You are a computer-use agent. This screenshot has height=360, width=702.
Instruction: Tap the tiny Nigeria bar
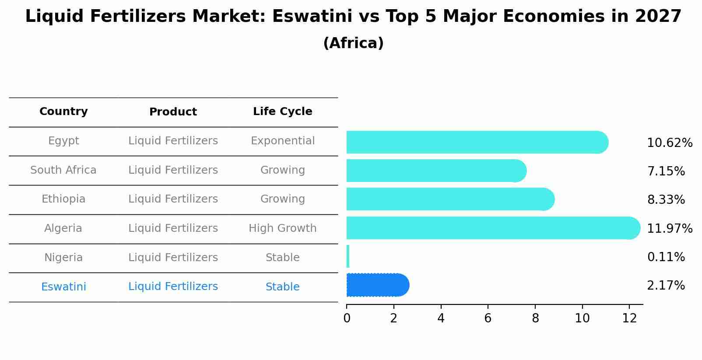(x=348, y=256)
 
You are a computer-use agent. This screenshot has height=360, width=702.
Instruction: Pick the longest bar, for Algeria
(x=492, y=228)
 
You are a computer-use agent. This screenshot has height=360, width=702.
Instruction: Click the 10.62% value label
(x=669, y=143)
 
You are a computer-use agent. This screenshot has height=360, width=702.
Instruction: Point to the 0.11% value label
(x=666, y=257)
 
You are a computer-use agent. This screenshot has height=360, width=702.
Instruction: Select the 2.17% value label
(x=666, y=286)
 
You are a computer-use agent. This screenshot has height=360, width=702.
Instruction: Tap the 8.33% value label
(x=666, y=200)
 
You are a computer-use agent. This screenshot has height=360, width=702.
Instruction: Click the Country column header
(x=63, y=112)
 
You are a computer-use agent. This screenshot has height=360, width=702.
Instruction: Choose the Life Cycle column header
(x=282, y=112)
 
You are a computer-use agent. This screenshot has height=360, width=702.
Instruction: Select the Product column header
(x=173, y=112)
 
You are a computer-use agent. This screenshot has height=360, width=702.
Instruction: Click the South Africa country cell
(x=63, y=170)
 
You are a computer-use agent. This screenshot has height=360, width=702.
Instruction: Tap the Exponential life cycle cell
(x=282, y=141)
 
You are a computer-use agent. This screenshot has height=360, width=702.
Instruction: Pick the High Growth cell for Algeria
(x=282, y=228)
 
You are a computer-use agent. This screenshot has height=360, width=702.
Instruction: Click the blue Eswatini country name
(x=63, y=287)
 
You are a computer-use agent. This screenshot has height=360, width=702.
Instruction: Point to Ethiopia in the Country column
(x=63, y=199)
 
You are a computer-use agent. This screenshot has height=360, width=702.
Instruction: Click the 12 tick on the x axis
(x=629, y=318)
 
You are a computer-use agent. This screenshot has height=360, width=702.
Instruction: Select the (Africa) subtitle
(x=353, y=43)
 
